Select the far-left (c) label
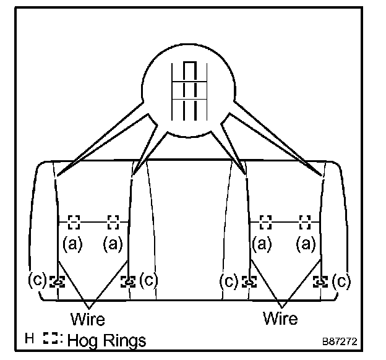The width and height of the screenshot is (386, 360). pos(37,280)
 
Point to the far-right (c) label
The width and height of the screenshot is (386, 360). pos(341,281)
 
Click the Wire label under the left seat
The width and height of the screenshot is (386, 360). pos(88,319)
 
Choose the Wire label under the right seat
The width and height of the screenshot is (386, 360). pos(280,319)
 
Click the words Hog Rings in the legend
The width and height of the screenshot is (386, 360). pos(107,340)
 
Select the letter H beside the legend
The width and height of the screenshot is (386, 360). pos(29,339)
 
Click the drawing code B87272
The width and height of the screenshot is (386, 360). pos(339,341)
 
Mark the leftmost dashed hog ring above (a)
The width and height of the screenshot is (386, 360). pos(74,221)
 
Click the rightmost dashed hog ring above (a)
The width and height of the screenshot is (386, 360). pos(304,221)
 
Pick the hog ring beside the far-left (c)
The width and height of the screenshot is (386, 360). pos(56,281)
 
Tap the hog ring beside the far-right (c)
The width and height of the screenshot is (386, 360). pos(321,281)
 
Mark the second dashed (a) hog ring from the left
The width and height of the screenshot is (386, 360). pos(113,221)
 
